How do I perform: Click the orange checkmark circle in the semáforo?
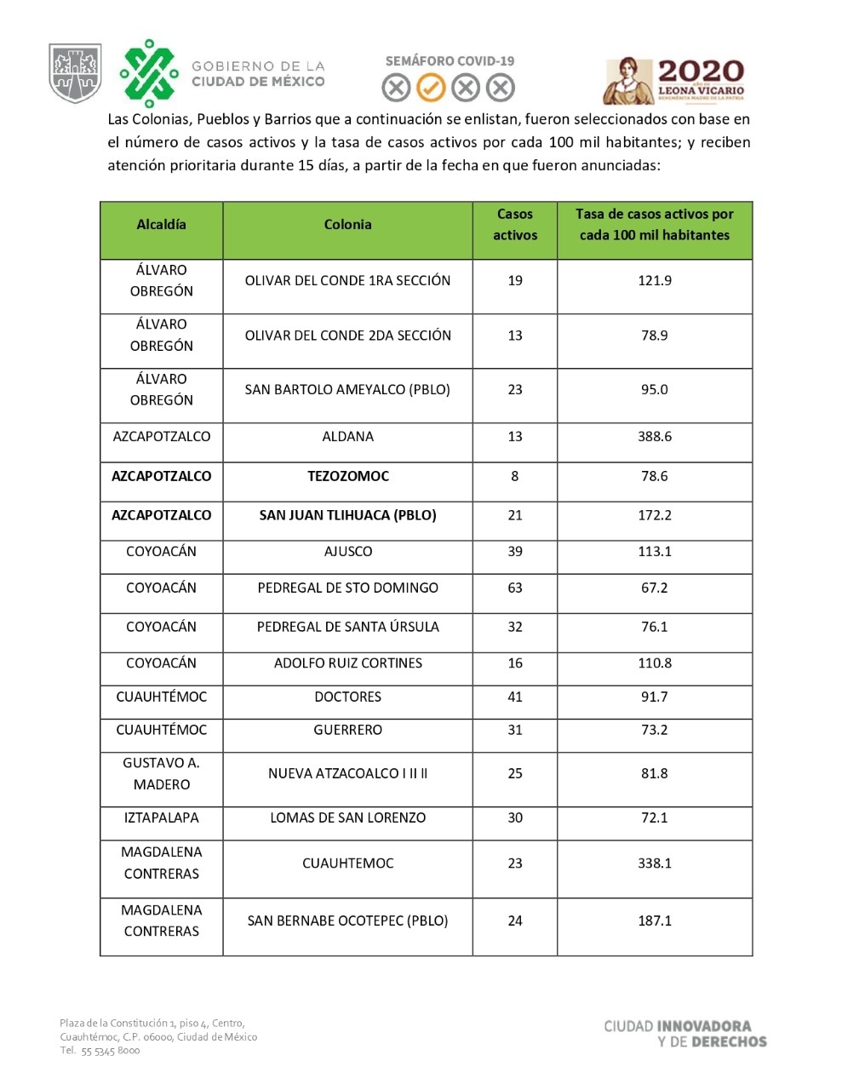(431, 87)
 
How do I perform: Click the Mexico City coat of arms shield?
(75, 73)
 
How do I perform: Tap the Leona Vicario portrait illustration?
(626, 83)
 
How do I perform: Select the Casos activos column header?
(514, 225)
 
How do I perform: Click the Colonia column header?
(347, 225)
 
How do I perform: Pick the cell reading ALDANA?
(347, 437)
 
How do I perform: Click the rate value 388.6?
(654, 437)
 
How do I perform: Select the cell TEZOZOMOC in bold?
(347, 477)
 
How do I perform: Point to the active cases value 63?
(514, 588)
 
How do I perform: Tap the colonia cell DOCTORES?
(347, 697)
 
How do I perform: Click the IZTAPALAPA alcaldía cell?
(161, 818)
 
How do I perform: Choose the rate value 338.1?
(654, 863)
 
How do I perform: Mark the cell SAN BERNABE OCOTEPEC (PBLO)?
(347, 921)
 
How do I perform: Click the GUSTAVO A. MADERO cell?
(161, 774)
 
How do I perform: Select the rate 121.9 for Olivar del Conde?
(654, 281)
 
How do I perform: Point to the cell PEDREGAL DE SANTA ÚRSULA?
(347, 628)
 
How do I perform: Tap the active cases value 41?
(514, 697)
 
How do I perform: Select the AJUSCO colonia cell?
(347, 552)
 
